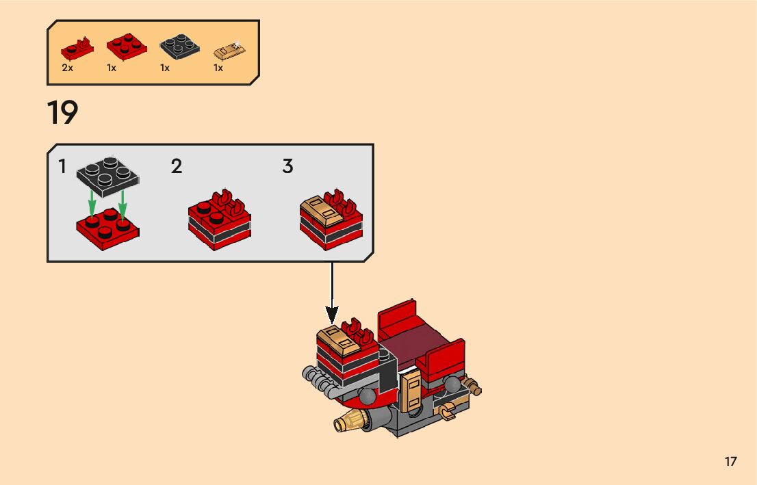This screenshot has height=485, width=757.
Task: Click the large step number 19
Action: coord(62,113)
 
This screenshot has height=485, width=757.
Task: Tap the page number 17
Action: coord(731,461)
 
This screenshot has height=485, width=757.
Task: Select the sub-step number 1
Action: coord(62,166)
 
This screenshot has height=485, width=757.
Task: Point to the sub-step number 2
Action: coord(177,166)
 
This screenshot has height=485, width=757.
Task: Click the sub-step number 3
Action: coord(288,166)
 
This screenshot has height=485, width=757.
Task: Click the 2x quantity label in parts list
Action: coord(67,68)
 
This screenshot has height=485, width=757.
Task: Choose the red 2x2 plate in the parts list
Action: coord(126,46)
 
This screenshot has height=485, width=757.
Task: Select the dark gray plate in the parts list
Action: coord(179,46)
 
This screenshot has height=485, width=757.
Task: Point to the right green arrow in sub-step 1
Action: coord(123,200)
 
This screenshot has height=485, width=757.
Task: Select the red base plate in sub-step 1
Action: coord(107,226)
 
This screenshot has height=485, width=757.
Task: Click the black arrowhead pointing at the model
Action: coord(332,315)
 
